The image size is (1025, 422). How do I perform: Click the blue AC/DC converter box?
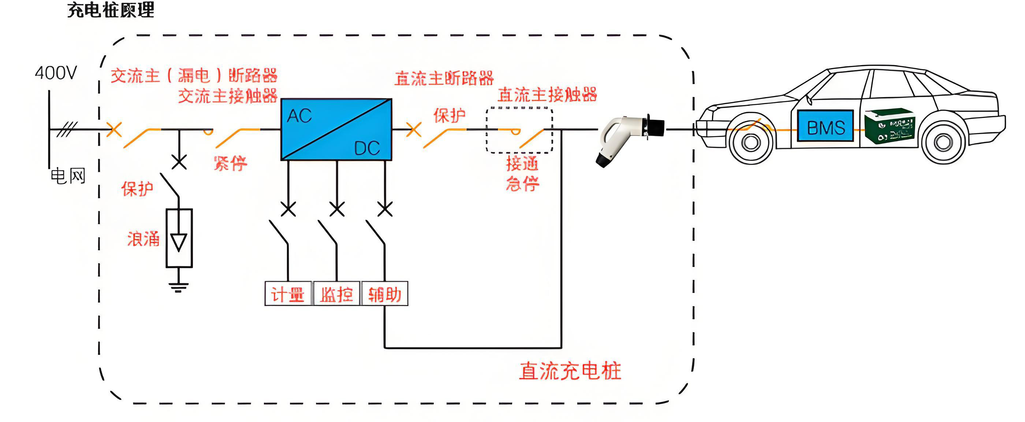tap(336, 129)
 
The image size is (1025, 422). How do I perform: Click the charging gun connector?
tap(629, 137)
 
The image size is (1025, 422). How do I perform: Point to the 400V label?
tap(56, 73)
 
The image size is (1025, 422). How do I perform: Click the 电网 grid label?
tap(68, 176)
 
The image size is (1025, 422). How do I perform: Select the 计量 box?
tap(288, 294)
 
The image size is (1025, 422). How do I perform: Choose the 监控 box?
tap(337, 294)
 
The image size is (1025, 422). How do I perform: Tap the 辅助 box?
tap(384, 294)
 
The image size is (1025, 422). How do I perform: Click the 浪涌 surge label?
tap(143, 239)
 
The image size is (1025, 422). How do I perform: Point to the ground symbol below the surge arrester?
tap(178, 286)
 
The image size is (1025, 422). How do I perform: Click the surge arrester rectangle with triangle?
tap(179, 238)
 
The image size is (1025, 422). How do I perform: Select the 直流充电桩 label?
tap(570, 371)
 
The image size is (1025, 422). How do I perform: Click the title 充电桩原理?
tap(111, 10)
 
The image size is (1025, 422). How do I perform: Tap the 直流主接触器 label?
tap(547, 95)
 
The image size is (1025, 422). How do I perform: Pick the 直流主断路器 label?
tap(444, 78)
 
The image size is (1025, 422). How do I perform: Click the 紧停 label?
tap(230, 163)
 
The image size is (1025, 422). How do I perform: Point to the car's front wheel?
tap(751, 142)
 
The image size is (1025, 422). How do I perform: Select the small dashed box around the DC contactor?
tap(519, 130)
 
